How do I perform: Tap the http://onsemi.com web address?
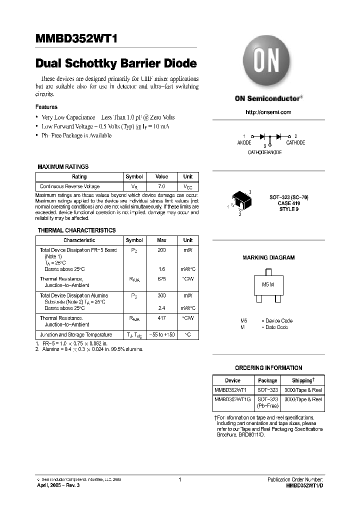tap(268, 112)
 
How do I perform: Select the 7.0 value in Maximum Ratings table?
tap(161, 186)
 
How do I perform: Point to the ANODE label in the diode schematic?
tap(244, 143)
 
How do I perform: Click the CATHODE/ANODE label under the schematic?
tap(265, 152)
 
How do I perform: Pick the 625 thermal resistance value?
tap(161, 278)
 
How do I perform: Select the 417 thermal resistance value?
tap(161, 318)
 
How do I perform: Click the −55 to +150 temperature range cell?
tap(161, 334)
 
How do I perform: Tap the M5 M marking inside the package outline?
tap(268, 284)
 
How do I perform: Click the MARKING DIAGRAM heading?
tap(268, 257)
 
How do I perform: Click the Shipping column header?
tap(302, 380)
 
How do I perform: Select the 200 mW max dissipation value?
tap(161, 249)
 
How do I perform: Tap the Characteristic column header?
tap(79, 240)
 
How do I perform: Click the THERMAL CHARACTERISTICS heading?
tap(76, 230)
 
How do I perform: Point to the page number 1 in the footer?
tap(178, 479)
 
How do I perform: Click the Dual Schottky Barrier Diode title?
tap(116, 64)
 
